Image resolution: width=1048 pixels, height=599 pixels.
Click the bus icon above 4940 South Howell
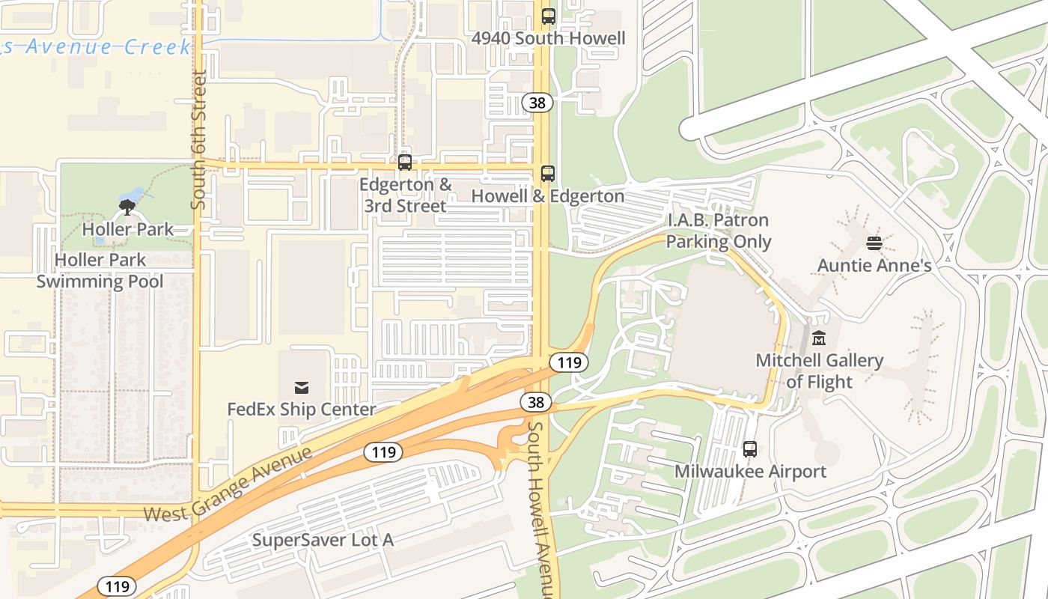[x=549, y=16]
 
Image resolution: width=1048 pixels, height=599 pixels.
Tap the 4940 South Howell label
[x=549, y=38]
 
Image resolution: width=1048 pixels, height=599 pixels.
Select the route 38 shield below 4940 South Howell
[x=537, y=103]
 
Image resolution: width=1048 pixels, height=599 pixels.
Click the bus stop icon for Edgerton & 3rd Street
[x=405, y=162]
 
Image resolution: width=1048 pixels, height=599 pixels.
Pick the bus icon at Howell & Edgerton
[x=548, y=174]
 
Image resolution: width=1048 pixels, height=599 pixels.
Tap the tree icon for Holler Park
[x=127, y=207]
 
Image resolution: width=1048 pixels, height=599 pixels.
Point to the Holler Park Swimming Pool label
[x=100, y=271]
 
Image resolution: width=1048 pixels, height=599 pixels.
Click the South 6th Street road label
[x=198, y=140]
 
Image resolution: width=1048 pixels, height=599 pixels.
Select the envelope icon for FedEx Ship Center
[x=302, y=387]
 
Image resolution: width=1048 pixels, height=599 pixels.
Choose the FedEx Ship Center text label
[x=302, y=410]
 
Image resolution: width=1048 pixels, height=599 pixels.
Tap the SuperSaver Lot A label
[x=323, y=540]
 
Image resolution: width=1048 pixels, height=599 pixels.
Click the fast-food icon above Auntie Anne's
[x=874, y=243]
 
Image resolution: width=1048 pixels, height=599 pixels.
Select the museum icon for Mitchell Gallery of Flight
[x=819, y=338]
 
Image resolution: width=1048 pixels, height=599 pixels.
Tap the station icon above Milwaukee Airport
[x=750, y=449]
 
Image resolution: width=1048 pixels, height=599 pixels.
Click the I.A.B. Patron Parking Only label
[x=719, y=231]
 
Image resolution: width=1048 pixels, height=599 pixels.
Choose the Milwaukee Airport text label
[x=750, y=472]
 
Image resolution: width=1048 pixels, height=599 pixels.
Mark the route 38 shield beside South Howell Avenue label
[x=536, y=402]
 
